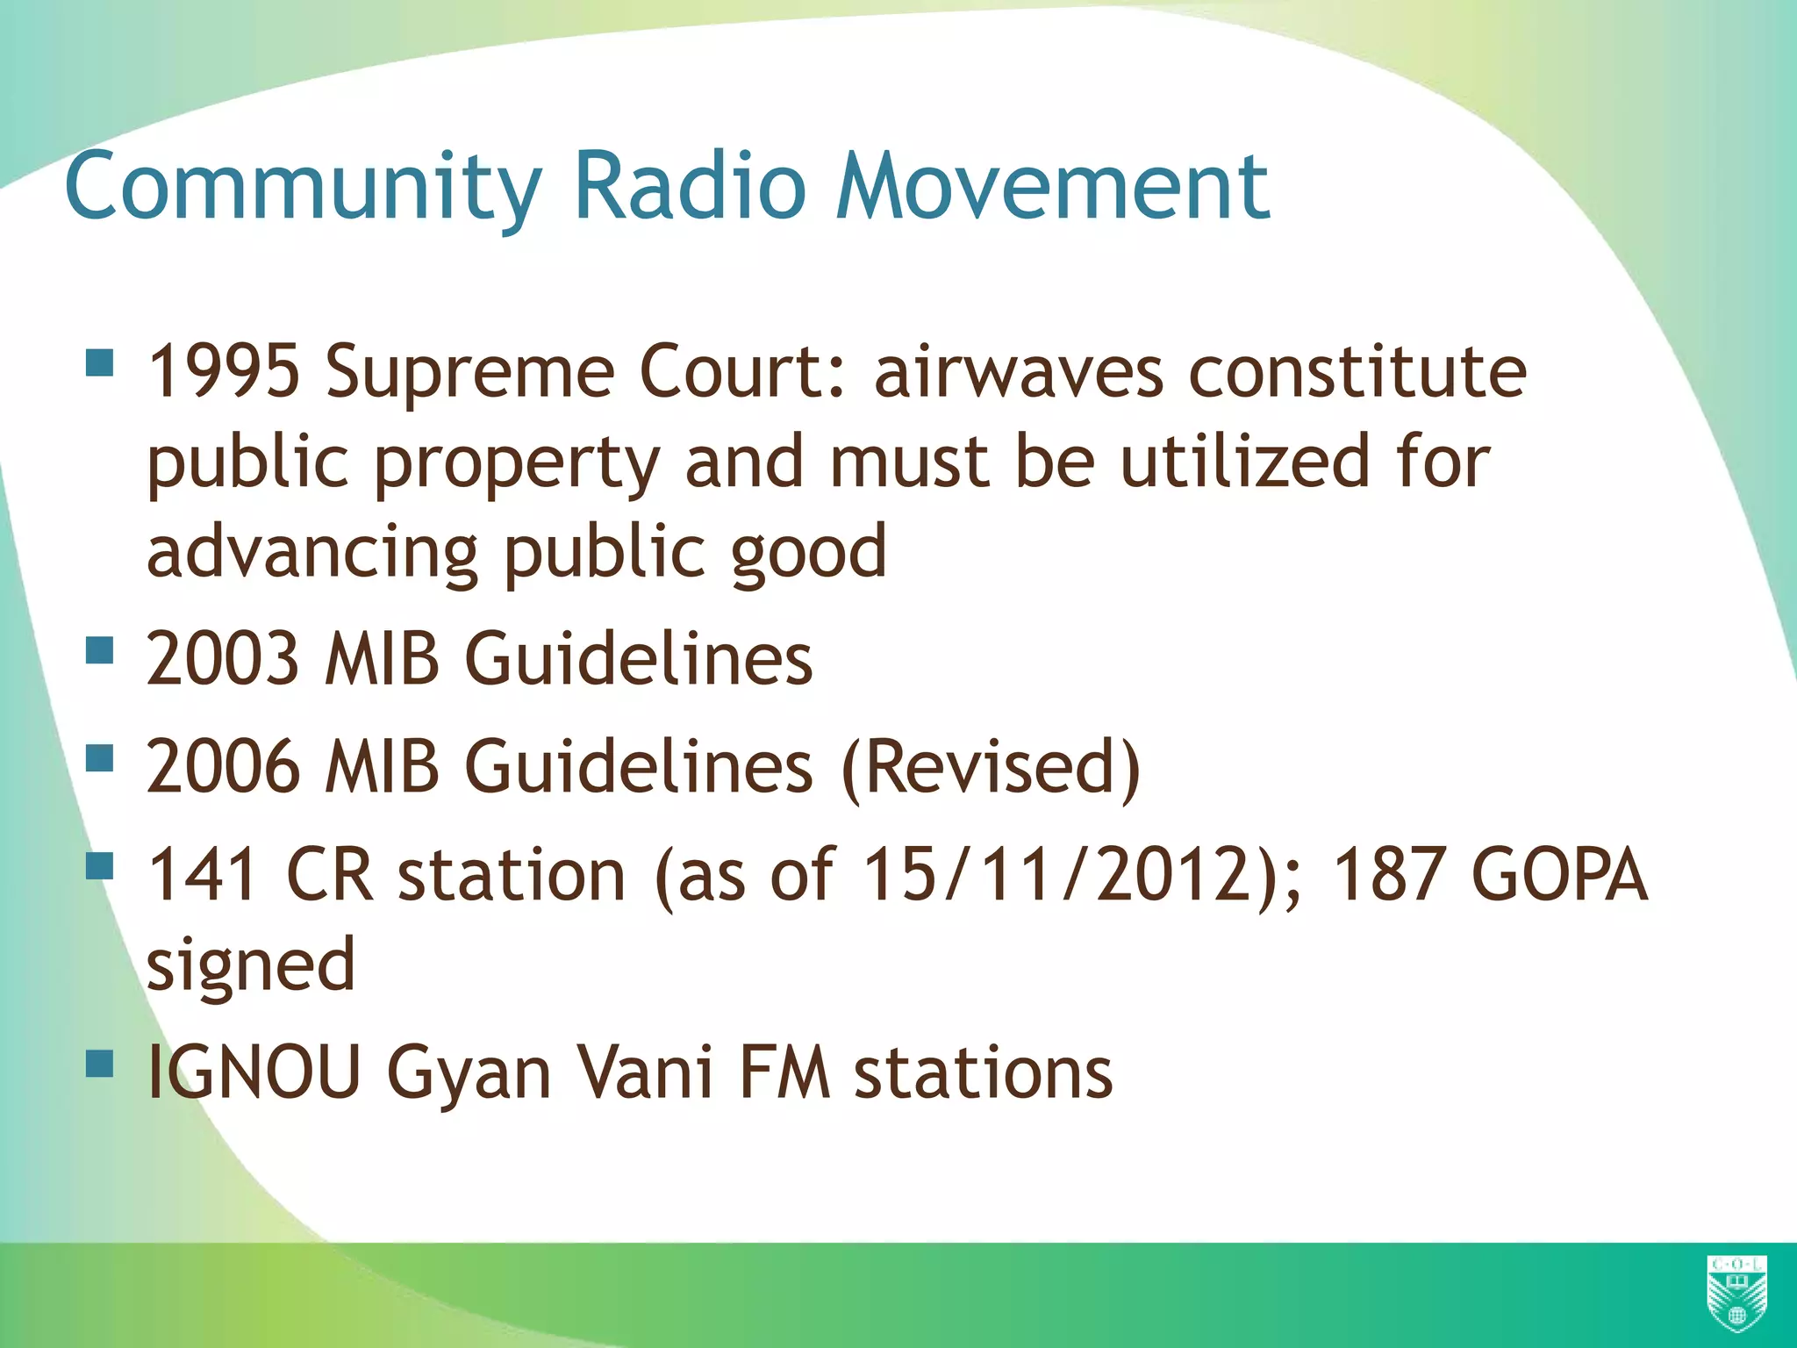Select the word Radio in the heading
coord(689,187)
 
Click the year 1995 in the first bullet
coord(224,372)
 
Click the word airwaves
coord(1019,372)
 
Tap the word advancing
coord(311,554)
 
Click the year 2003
coord(224,659)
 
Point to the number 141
coord(203,875)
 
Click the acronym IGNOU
coord(254,1072)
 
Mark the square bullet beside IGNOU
coord(101,1064)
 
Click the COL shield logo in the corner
coord(1736,1294)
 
